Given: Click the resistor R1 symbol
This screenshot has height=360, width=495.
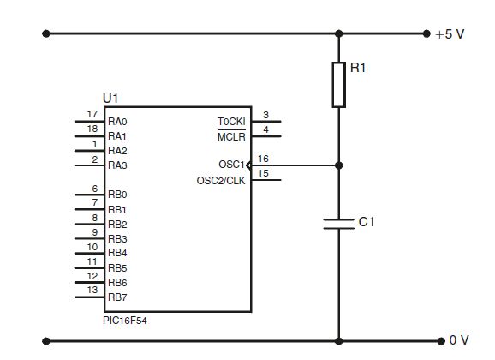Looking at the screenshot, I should pyautogui.click(x=339, y=83).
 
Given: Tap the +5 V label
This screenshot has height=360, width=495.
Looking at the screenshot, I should pyautogui.click(x=450, y=34).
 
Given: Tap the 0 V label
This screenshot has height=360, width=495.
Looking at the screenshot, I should pyautogui.click(x=459, y=340).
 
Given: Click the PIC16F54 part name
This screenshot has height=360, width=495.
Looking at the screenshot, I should pyautogui.click(x=124, y=320).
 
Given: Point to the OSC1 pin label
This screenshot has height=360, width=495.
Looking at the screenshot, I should pyautogui.click(x=231, y=165).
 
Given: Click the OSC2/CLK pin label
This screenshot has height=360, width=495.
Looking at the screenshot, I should pyautogui.click(x=222, y=180).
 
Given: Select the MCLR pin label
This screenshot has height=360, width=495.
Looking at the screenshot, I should pyautogui.click(x=230, y=136).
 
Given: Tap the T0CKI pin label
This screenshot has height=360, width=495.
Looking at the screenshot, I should pyautogui.click(x=230, y=122).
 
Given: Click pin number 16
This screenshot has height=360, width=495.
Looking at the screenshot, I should pyautogui.click(x=263, y=159).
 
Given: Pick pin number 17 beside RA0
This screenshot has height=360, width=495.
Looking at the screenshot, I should pyautogui.click(x=92, y=115).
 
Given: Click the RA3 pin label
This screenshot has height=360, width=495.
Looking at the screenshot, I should pyautogui.click(x=117, y=165).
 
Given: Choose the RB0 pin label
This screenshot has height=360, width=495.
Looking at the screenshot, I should pyautogui.click(x=117, y=195).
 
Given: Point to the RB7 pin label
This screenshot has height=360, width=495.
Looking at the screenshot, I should pyautogui.click(x=117, y=297).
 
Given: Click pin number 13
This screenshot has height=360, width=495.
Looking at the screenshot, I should pyautogui.click(x=92, y=291).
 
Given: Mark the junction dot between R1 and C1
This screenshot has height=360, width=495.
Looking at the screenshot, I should pyautogui.click(x=339, y=165).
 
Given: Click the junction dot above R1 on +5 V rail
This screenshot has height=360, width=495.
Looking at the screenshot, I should pyautogui.click(x=339, y=34).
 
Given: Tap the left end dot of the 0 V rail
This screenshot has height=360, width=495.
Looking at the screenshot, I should pyautogui.click(x=46, y=340).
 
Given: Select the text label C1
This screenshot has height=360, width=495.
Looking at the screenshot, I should pyautogui.click(x=367, y=222).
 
